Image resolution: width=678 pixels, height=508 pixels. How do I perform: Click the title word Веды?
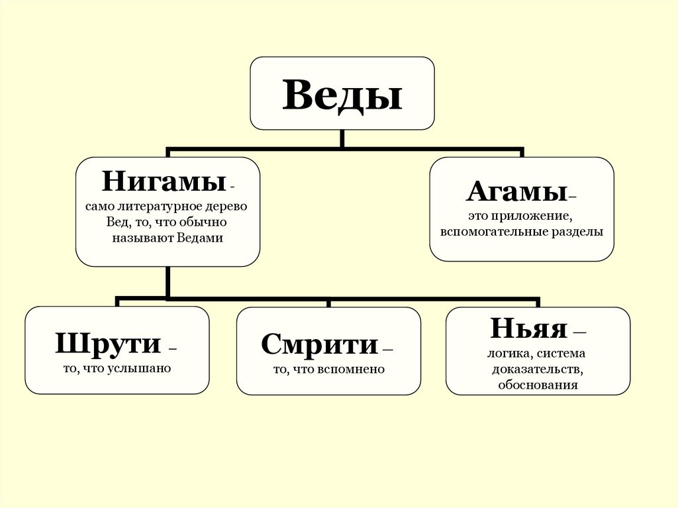pyautogui.click(x=342, y=95)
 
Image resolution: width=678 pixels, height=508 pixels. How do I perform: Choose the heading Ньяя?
pyautogui.click(x=529, y=329)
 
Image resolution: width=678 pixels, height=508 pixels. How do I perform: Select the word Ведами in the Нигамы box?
pyautogui.click(x=200, y=238)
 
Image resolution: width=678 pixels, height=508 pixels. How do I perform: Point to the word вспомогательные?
pyautogui.click(x=490, y=232)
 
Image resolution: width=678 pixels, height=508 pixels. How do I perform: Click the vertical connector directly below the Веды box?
pyautogui.click(x=342, y=138)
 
